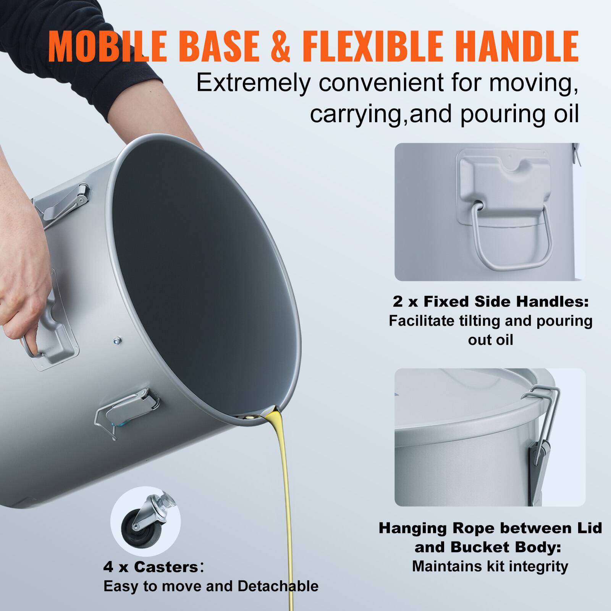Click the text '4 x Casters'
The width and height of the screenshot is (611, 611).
(x=150, y=567)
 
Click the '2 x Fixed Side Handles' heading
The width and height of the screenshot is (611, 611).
(x=491, y=302)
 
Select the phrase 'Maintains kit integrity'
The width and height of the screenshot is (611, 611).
(x=490, y=566)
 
